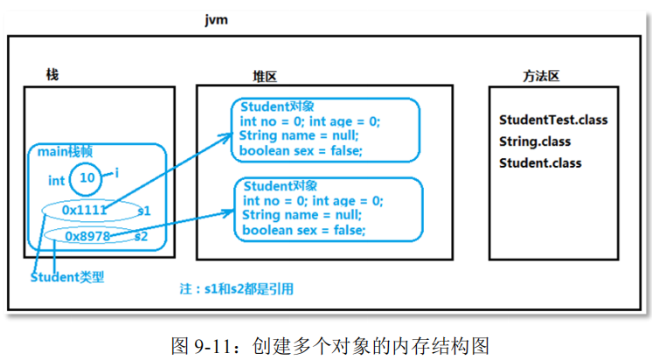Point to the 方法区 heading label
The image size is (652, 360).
541,76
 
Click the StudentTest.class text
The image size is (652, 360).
552,120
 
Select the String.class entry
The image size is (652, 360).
534,142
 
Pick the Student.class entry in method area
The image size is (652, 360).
539,163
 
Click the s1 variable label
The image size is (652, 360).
144,211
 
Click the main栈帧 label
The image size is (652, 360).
65,153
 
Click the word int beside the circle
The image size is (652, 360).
56,181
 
